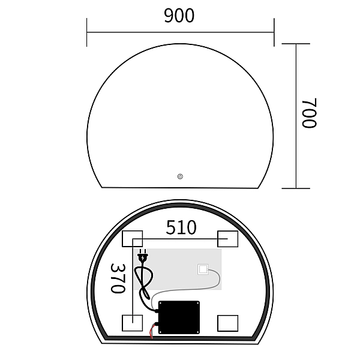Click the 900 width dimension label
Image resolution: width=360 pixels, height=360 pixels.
(179, 16)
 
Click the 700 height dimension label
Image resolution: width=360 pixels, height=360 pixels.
(309, 113)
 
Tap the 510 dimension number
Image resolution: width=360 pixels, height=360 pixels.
(181, 227)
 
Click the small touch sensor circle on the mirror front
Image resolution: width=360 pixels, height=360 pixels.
(180, 176)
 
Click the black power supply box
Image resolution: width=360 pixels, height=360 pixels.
(179, 316)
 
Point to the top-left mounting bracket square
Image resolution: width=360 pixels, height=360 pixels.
(131, 238)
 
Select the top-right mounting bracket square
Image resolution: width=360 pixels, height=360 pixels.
(228, 238)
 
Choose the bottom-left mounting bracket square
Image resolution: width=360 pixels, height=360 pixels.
(131, 323)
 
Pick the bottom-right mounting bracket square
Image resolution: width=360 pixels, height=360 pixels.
(228, 323)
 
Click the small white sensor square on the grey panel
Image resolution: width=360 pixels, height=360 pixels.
(203, 269)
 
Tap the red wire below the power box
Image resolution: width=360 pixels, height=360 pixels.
(151, 332)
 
